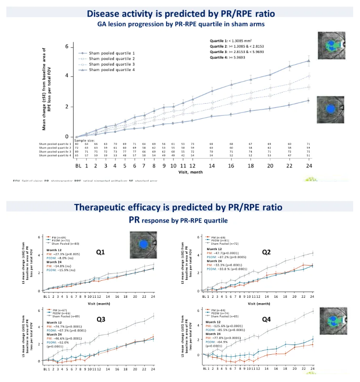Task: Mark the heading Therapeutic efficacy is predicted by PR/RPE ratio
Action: click(x=178, y=207)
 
